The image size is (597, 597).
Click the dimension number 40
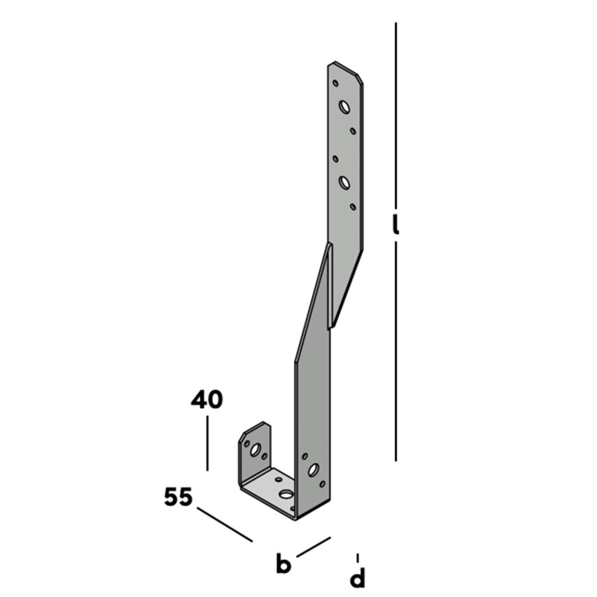pyautogui.click(x=207, y=400)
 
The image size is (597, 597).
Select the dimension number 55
pyautogui.click(x=178, y=497)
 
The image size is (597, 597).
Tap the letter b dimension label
pyautogui.click(x=283, y=564)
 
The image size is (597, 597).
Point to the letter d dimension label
pyautogui.click(x=358, y=577)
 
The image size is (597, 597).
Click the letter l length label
pyautogui.click(x=396, y=224)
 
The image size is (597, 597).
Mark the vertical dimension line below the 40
pyautogui.click(x=208, y=443)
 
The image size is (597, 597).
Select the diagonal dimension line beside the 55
pyautogui.click(x=224, y=524)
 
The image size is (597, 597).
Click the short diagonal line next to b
pyautogui.click(x=314, y=547)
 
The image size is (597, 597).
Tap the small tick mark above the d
pyautogui.click(x=358, y=558)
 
